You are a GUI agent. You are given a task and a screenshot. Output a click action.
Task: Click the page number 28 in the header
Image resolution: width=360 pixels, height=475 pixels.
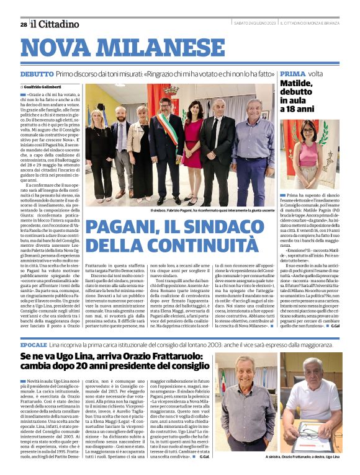point(23,24)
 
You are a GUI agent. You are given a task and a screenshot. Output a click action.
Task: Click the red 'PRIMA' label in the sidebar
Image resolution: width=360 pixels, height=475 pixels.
point(292,74)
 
